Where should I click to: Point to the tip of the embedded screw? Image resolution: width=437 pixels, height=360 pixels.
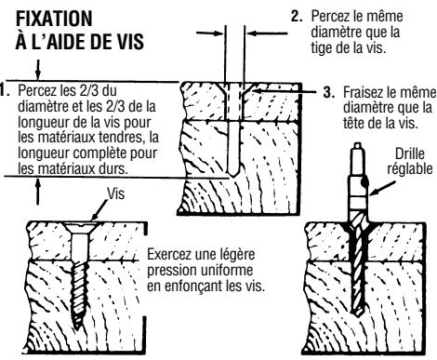[x=75, y=327]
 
